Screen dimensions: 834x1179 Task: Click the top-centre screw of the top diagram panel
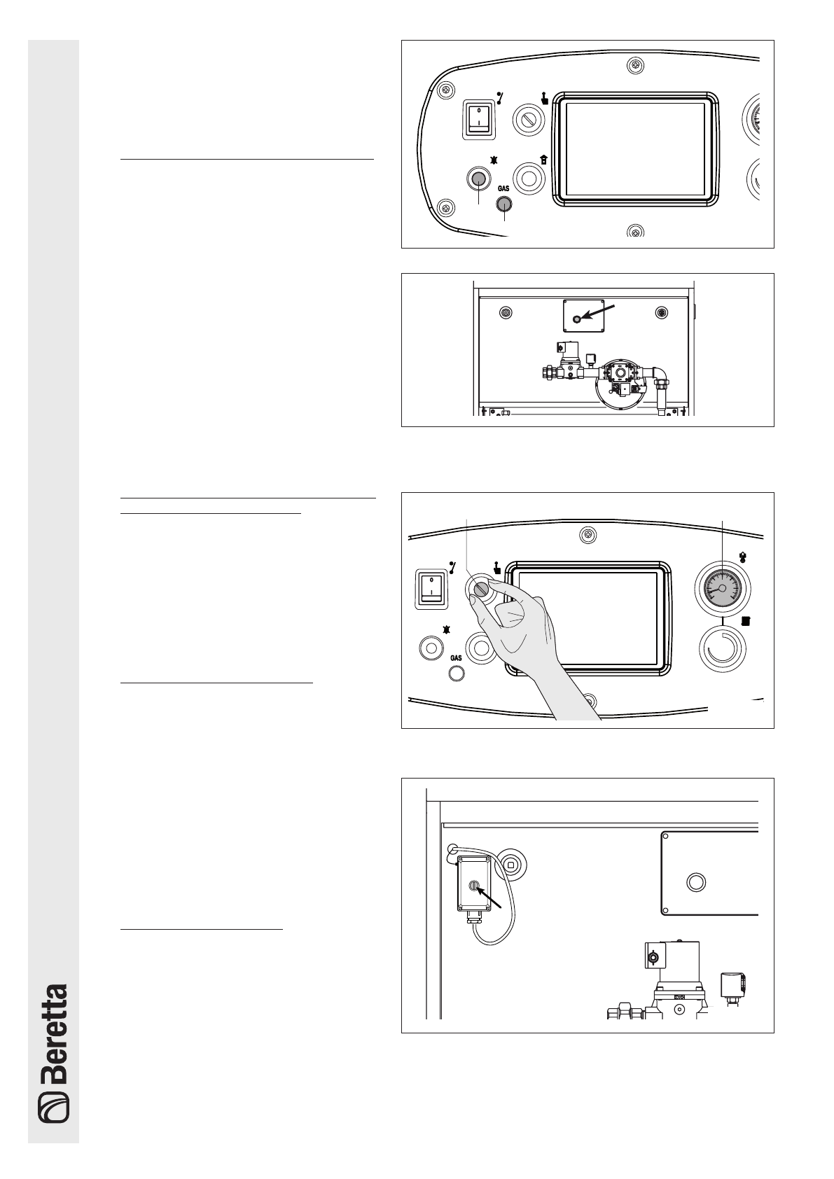[x=634, y=66]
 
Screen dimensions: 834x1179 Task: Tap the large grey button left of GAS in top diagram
[x=478, y=179]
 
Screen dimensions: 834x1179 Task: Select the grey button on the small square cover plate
[x=577, y=319]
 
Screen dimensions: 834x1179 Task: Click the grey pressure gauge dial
[x=721, y=589]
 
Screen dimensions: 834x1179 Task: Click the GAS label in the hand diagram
[x=456, y=658]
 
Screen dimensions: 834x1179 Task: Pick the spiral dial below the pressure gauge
[x=722, y=650]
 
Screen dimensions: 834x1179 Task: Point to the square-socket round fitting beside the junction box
[x=511, y=865]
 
